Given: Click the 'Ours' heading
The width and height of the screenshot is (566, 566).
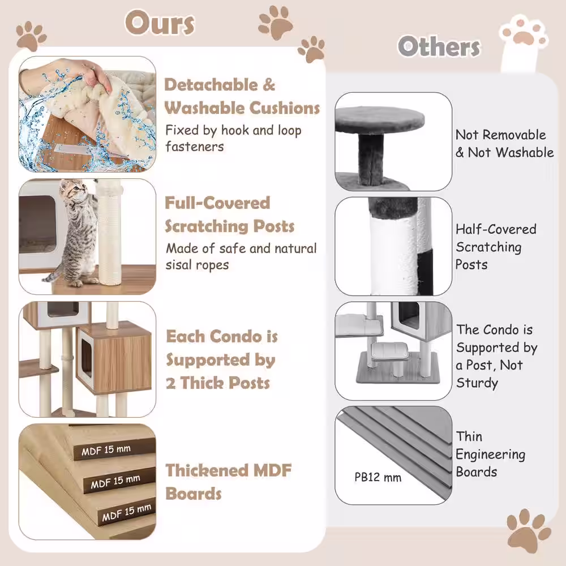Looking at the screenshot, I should (160, 24).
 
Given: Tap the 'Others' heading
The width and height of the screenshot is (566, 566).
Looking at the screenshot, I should (439, 47).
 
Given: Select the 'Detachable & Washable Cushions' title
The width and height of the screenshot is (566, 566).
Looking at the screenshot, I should (242, 96).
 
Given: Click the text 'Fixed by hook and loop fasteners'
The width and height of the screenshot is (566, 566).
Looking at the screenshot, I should (233, 139).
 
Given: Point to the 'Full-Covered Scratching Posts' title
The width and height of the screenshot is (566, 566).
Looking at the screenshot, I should (230, 215).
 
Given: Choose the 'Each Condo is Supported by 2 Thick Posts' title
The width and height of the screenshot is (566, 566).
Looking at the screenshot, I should (221, 359).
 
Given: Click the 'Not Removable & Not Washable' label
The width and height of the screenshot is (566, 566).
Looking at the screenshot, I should (504, 144).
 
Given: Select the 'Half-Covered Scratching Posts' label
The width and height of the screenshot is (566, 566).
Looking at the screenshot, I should (496, 246).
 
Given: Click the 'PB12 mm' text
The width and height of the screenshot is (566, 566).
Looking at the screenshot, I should (378, 477).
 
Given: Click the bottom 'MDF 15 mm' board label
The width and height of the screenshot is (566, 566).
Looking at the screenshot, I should (126, 513).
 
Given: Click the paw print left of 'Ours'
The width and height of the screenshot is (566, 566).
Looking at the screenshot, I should (31, 36).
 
